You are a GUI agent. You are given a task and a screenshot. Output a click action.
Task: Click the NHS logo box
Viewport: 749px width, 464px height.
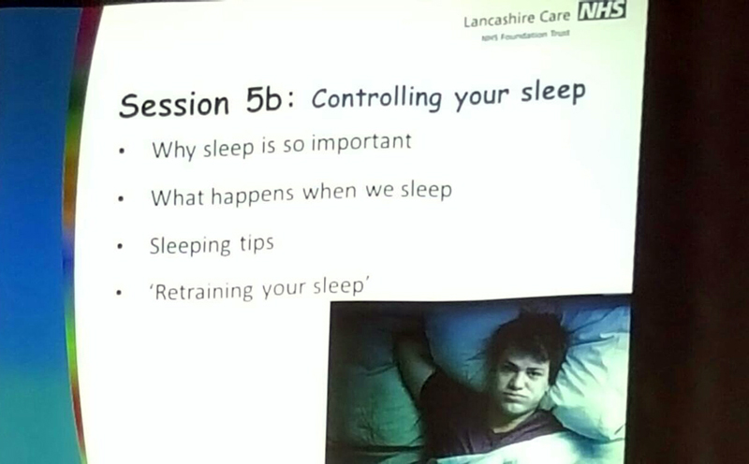601,10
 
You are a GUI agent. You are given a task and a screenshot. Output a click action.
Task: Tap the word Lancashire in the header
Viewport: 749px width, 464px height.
499,20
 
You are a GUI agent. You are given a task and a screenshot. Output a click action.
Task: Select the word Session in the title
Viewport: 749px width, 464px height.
174,105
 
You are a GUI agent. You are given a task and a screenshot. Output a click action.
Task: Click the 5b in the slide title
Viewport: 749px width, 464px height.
264,101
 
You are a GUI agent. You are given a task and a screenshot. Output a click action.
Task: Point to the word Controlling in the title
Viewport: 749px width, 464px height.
376,98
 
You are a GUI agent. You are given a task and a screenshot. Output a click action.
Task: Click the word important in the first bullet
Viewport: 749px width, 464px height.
361,142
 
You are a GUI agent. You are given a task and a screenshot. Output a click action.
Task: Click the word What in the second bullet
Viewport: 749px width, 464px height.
177,197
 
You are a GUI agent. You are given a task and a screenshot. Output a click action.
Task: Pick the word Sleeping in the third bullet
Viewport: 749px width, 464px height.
190,246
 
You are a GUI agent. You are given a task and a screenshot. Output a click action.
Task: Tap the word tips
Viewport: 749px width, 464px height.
257,243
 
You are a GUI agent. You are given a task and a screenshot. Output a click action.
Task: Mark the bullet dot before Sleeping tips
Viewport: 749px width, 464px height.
120,247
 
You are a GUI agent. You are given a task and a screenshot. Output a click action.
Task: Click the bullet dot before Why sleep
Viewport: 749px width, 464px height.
122,152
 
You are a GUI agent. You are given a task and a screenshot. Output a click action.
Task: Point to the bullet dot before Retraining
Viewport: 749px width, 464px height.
119,293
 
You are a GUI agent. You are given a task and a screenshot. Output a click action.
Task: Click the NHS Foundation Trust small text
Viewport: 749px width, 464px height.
525,36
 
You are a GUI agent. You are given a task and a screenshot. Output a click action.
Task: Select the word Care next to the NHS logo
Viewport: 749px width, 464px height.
555,17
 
